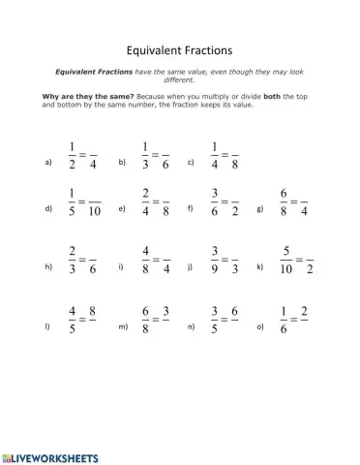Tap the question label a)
48,163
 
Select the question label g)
259,208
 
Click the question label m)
123,326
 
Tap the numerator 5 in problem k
285,252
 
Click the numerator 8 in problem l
92,311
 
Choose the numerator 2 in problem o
305,311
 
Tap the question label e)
121,208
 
